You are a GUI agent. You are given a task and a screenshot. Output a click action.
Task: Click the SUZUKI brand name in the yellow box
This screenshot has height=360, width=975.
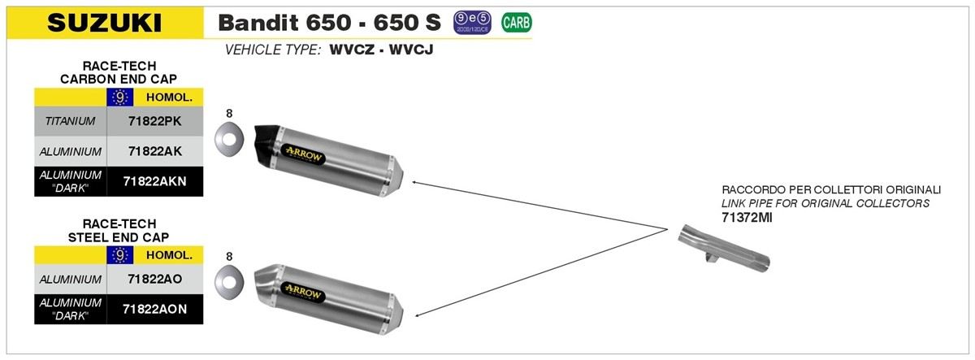coord(105,23)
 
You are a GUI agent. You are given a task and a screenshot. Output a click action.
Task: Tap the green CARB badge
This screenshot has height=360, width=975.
coord(517,23)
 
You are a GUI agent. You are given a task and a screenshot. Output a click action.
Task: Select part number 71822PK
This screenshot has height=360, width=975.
coord(154,121)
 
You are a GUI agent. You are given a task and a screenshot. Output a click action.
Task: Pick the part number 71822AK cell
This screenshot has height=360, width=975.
coord(154,151)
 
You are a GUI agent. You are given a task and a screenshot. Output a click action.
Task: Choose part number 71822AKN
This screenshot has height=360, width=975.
coord(154,181)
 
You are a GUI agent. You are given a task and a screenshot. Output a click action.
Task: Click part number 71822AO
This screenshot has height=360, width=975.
coord(154,279)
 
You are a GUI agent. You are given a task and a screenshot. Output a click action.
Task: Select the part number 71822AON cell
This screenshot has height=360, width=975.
coord(154,309)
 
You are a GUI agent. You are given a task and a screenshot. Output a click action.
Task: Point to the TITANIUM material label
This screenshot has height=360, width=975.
coord(70,121)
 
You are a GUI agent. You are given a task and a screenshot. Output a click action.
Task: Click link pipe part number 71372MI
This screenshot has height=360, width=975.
coord(747,217)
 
